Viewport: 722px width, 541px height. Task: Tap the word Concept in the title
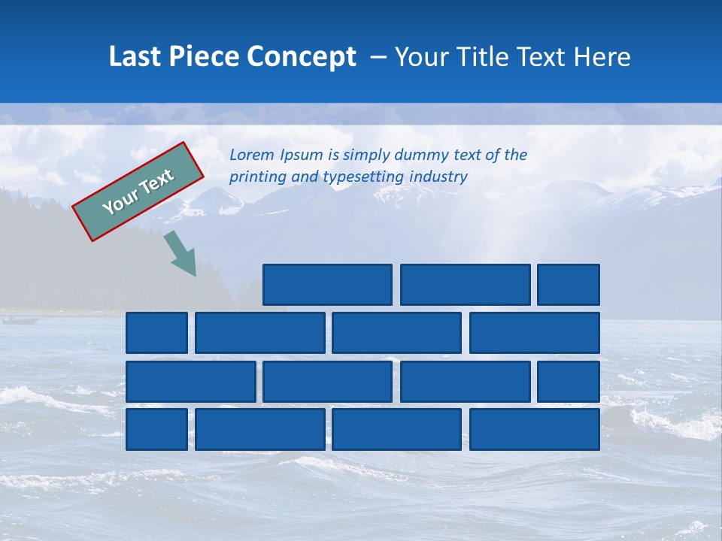coord(302,56)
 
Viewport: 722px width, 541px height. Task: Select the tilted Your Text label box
coord(138,192)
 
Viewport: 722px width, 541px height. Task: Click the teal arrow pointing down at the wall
coord(181,253)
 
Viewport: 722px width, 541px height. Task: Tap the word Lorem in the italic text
coord(252,155)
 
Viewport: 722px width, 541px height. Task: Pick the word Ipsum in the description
coord(301,156)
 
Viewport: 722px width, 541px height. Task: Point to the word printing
coord(255,177)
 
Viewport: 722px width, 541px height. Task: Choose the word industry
coord(439,177)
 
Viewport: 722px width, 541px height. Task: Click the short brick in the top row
coord(568,285)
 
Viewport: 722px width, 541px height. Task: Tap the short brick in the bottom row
coord(156,429)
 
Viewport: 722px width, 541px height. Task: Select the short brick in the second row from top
coord(156,333)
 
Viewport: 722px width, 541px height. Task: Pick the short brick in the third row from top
coord(568,381)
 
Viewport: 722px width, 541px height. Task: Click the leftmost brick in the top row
coord(327,285)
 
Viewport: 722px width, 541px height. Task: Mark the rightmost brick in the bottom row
coord(534,429)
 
